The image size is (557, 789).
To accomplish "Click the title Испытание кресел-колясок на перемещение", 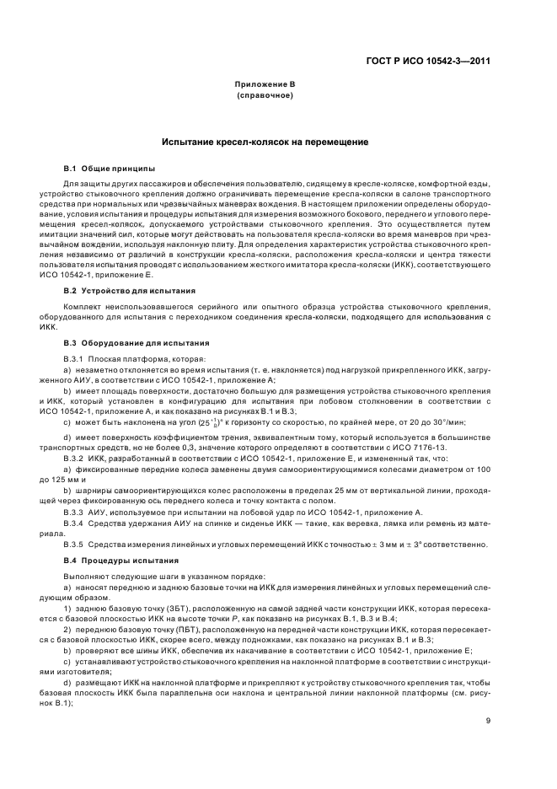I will coord(265,145).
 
